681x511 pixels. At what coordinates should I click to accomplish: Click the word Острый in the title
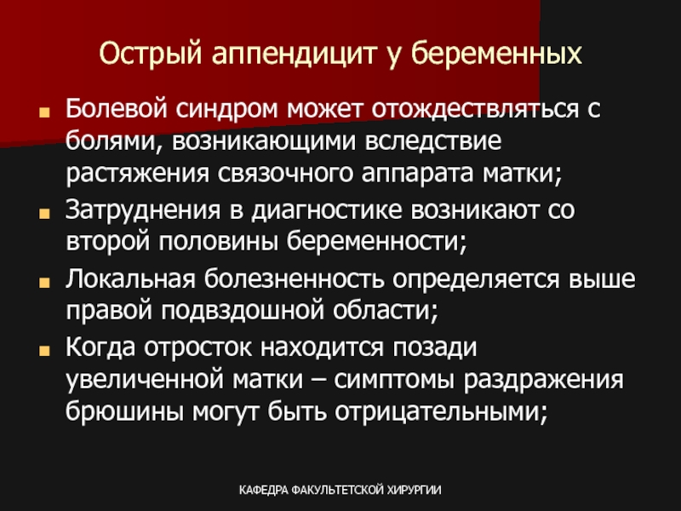click(x=151, y=54)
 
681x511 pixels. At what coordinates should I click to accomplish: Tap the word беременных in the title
click(x=496, y=53)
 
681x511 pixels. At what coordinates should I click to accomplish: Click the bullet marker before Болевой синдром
click(x=44, y=112)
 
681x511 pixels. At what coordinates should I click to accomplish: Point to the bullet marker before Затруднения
click(x=44, y=214)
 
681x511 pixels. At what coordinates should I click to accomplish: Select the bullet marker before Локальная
click(x=44, y=283)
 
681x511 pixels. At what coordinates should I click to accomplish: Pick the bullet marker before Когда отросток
click(x=44, y=350)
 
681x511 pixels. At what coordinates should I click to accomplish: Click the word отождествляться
click(x=475, y=109)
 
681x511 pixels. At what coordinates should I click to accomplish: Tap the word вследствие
click(x=433, y=141)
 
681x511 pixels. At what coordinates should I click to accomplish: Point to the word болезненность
click(x=294, y=278)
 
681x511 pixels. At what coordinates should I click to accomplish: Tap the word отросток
click(x=197, y=347)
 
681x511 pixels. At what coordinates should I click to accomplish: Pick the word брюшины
click(x=123, y=411)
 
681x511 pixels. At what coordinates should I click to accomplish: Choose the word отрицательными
click(x=441, y=412)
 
